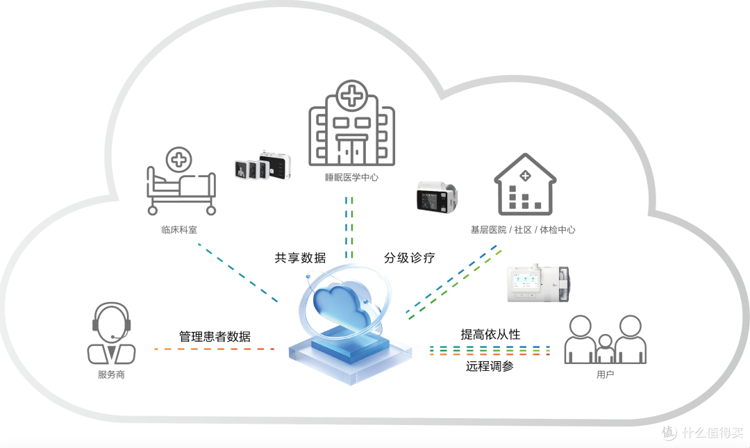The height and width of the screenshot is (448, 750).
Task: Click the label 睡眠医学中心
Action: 351,178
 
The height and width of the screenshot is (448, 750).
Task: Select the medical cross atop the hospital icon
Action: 352,95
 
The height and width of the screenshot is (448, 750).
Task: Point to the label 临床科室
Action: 179,230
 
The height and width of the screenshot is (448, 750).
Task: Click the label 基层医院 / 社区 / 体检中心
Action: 523,230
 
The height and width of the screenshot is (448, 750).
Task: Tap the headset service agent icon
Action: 111,333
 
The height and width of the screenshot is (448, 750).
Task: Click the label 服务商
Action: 111,375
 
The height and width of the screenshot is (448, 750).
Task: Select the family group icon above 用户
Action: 606,340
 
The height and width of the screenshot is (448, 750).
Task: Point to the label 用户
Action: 606,374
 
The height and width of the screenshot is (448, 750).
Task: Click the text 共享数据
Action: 301,258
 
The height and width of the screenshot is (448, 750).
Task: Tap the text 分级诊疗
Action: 410,258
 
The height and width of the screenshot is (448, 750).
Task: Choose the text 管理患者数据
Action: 215,336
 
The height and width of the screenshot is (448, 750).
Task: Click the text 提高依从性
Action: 491,335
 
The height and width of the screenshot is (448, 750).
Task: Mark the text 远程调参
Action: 490,366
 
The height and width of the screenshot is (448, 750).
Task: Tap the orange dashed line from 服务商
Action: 214,349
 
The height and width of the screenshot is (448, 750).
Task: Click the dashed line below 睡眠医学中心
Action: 349,227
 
